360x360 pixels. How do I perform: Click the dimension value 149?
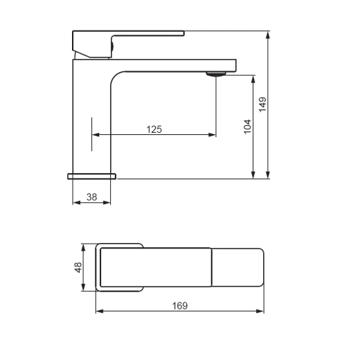click(262, 105)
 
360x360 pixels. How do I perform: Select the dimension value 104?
click(247, 127)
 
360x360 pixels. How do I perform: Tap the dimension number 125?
click(154, 129)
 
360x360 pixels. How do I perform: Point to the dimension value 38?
click(91, 197)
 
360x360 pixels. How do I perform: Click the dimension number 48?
click(78, 267)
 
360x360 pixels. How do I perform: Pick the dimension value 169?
click(180, 306)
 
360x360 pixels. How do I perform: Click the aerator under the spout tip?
click(216, 74)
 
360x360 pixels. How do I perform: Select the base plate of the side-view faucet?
click(91, 177)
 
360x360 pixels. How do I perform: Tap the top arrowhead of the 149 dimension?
click(268, 35)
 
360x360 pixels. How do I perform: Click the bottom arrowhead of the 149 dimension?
click(268, 174)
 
